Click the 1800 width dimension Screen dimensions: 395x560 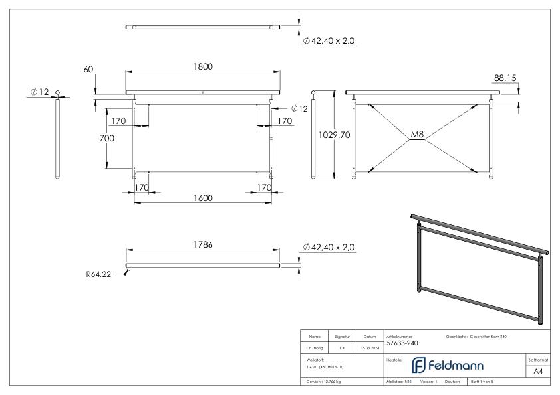pos(204,66)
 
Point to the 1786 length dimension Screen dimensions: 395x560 pos(204,245)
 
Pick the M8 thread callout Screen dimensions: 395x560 pos(417,135)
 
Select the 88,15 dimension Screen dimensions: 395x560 pos(506,78)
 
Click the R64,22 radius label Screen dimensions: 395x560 pos(98,273)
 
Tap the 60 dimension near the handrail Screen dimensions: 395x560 pos(88,69)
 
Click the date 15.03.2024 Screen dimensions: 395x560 pos(369,347)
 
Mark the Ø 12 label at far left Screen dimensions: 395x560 pos(39,92)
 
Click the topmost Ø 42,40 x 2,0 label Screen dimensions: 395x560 pos(329,41)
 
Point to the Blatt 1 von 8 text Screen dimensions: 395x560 pos(486,384)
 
